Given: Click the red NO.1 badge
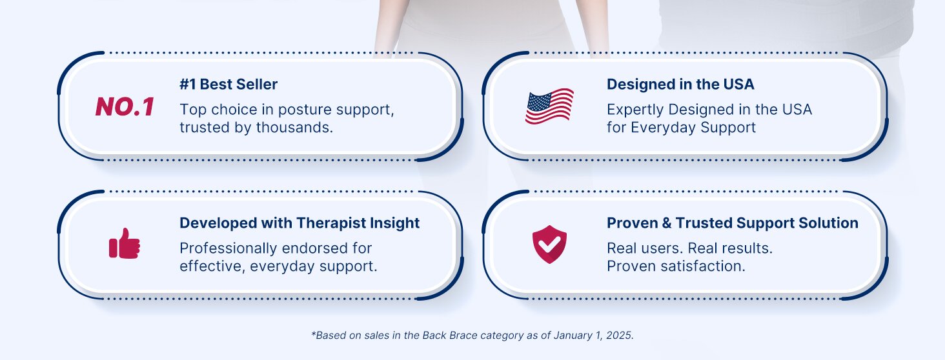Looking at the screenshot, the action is click(125, 106).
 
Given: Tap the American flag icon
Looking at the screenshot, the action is click(549, 106).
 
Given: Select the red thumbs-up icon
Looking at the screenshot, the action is click(125, 243).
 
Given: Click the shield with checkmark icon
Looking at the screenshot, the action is click(549, 244).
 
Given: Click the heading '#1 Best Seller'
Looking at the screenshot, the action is click(229, 85).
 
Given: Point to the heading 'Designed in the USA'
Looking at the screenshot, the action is click(680, 85).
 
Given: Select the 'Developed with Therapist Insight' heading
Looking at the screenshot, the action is click(300, 223).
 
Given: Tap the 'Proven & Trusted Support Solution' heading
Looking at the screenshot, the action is click(733, 223).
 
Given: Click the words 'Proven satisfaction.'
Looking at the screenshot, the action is click(676, 266).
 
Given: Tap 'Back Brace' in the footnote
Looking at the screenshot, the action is click(449, 335).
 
